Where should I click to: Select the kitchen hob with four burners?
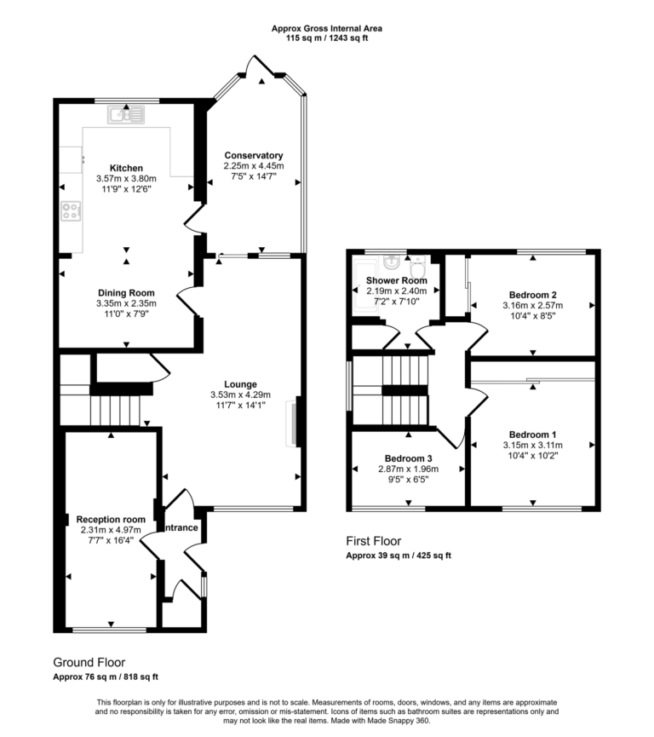coord(71,211)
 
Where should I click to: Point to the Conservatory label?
coord(254,155)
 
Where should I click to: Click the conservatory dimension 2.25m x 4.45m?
coord(254,165)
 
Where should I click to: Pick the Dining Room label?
coord(126,291)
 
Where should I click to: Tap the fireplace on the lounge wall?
coord(294,423)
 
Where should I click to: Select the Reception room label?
coord(111,519)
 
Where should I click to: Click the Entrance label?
coord(181,528)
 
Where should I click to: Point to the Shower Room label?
coord(396,280)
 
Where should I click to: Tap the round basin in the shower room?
coord(393,262)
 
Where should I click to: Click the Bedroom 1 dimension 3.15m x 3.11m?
coord(532,443)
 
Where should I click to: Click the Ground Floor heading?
coord(89,662)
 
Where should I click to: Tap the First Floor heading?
coord(373,541)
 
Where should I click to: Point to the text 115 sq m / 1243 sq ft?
coord(326,39)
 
